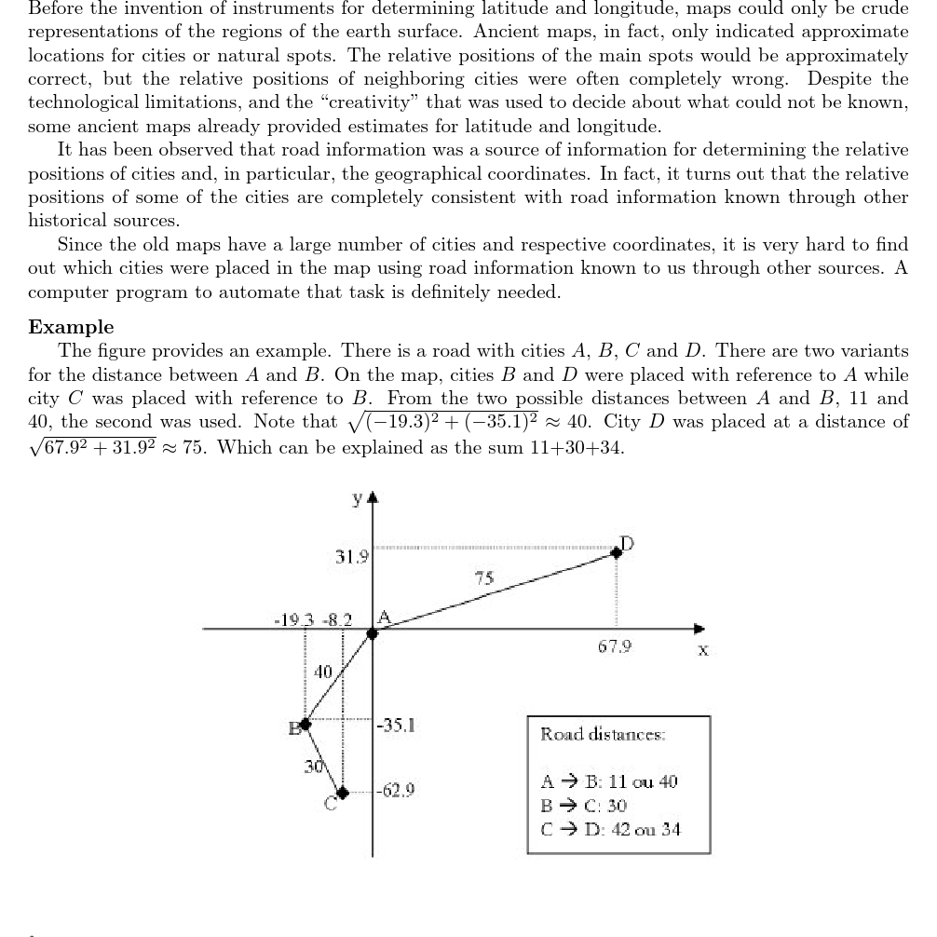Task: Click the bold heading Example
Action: click(x=71, y=327)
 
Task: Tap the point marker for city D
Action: click(x=616, y=552)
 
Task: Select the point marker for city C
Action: click(x=343, y=793)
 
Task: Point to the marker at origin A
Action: click(x=373, y=633)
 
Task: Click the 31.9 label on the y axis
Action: click(x=351, y=558)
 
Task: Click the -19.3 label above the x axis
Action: click(x=293, y=618)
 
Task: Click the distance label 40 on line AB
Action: click(x=322, y=671)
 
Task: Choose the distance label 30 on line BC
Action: click(x=315, y=767)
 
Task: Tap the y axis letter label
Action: click(x=357, y=500)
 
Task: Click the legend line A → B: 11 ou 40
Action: click(x=609, y=781)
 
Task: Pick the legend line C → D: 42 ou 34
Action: click(x=610, y=828)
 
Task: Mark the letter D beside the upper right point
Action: click(x=627, y=542)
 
